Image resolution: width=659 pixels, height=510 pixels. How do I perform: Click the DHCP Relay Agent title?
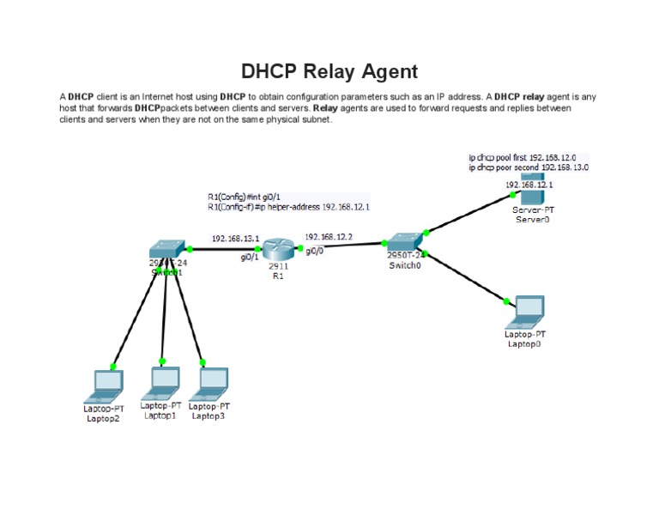(x=329, y=71)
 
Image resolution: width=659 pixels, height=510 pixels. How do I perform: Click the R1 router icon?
(x=278, y=249)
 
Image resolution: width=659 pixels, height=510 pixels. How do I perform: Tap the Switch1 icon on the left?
(x=168, y=250)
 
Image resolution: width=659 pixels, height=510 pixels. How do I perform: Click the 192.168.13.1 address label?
(x=235, y=239)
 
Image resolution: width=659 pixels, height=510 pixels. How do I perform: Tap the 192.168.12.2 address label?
(x=328, y=236)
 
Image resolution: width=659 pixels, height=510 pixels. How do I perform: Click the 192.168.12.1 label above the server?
(x=529, y=184)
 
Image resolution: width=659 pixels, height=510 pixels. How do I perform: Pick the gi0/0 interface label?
(x=314, y=251)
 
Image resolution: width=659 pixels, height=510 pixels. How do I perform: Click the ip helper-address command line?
(x=288, y=207)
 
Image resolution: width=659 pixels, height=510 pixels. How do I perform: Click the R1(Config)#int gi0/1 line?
(x=244, y=197)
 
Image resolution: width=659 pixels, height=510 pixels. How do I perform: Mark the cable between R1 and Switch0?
(x=343, y=246)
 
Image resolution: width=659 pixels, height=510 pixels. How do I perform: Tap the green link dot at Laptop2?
(x=113, y=366)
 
